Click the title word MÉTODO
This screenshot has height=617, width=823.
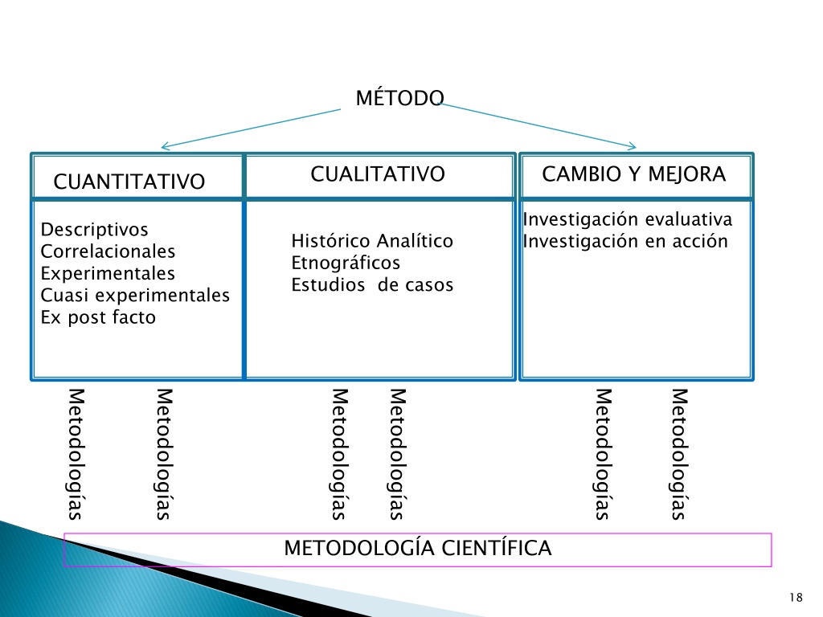[400, 97]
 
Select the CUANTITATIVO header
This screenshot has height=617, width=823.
[129, 182]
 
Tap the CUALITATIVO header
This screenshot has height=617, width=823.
[378, 174]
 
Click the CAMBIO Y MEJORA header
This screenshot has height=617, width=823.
[633, 174]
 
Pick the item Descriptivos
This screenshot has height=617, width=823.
[95, 229]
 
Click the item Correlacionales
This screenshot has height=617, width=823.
[108, 251]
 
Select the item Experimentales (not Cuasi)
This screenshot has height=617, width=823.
[108, 273]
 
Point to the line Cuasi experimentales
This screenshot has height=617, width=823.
[135, 296]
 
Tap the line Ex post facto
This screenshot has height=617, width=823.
[98, 317]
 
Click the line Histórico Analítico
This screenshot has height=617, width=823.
[372, 241]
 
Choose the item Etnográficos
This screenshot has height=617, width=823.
[346, 263]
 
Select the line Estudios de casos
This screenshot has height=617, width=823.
[372, 285]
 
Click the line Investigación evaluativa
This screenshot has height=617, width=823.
[627, 219]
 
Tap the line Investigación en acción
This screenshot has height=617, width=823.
[625, 241]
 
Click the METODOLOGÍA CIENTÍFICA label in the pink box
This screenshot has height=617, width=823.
[417, 548]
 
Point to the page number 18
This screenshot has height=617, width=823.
[796, 597]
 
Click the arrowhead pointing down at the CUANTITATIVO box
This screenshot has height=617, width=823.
[164, 146]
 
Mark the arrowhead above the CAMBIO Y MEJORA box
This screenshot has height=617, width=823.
[633, 146]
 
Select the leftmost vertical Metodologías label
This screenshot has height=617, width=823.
[76, 454]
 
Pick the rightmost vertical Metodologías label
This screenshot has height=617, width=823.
[679, 454]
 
